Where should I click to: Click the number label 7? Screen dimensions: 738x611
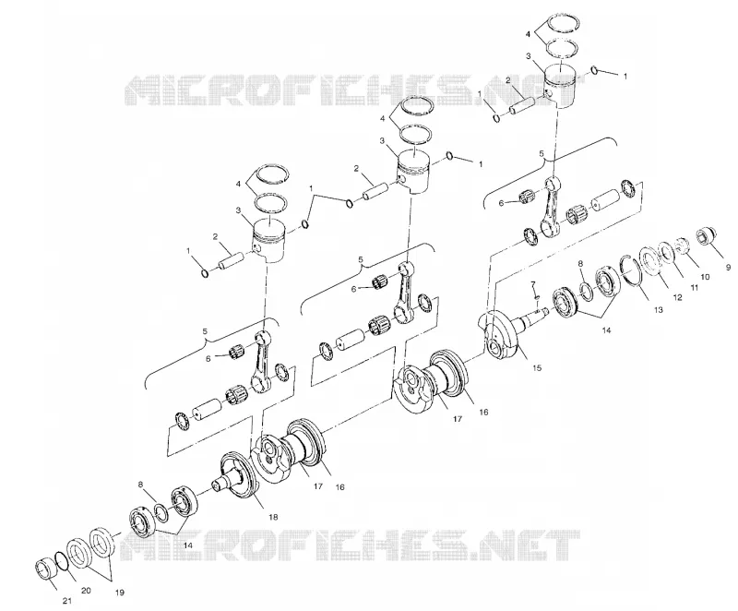[533, 284]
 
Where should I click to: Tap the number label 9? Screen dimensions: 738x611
[729, 268]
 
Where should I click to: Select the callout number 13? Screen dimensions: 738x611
[658, 310]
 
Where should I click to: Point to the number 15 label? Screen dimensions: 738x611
[537, 367]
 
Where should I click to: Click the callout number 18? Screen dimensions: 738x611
[273, 517]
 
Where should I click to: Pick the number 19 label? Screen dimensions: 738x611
[120, 593]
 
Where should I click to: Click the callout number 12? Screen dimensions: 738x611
[677, 297]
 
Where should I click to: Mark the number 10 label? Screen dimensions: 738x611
[705, 277]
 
